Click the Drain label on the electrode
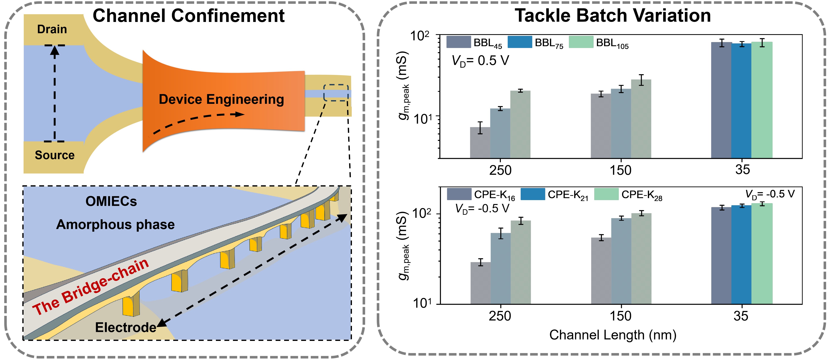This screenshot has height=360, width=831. point(52,29)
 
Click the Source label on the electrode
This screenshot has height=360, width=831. point(54,155)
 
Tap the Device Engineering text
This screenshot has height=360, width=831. point(221,99)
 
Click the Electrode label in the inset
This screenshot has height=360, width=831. point(126,327)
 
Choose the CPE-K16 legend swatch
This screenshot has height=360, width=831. point(459,194)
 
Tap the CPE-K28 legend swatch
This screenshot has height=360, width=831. point(606,194)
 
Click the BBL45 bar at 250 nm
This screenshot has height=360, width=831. point(480,143)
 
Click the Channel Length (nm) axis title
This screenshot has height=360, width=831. point(613,335)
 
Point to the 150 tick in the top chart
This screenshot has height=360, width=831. point(621,170)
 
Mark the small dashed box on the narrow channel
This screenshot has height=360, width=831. point(336,93)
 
